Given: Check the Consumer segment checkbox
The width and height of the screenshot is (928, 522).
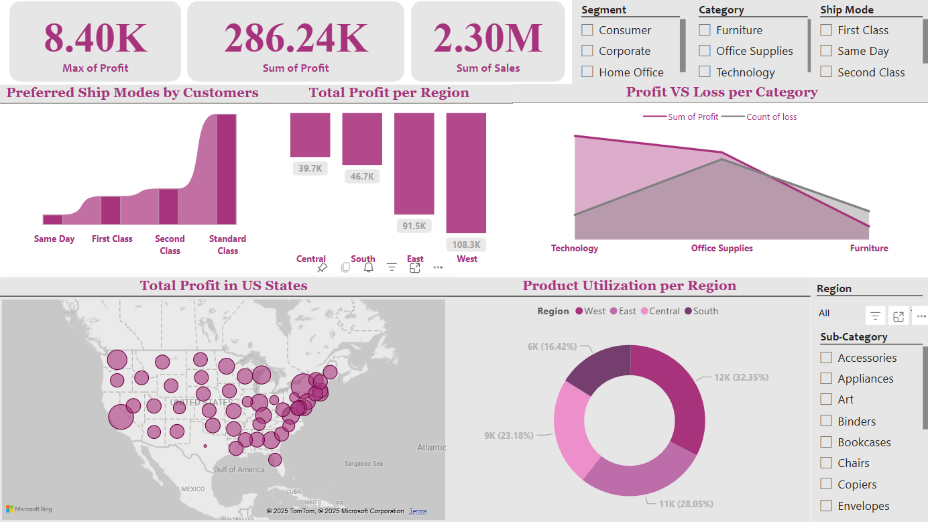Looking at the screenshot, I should [587, 30].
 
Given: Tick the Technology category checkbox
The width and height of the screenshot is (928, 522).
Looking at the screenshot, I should [705, 72].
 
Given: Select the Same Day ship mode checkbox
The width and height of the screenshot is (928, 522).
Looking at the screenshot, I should [826, 51].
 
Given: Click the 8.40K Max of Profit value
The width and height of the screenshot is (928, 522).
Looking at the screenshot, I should [95, 38].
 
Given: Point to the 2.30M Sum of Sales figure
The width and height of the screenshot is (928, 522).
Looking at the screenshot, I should [487, 38].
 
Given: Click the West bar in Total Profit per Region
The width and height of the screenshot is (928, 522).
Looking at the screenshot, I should [466, 172].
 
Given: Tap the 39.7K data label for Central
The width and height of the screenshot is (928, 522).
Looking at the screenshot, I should [310, 168].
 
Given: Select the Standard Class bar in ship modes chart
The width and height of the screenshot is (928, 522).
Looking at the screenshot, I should [227, 169].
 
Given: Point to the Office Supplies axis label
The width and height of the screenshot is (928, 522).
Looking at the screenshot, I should [721, 249].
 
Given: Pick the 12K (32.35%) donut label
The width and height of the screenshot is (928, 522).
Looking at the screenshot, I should [741, 377].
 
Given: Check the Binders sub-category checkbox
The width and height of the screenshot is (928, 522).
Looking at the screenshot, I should [826, 421].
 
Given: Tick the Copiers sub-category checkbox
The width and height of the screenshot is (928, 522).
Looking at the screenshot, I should [826, 484].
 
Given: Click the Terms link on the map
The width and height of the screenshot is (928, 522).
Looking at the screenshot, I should [418, 511].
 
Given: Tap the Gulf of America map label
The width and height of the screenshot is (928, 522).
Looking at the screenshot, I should [239, 470].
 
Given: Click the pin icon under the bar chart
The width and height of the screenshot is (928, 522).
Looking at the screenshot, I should [322, 267].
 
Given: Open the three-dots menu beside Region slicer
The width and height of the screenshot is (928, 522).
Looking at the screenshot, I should [921, 316].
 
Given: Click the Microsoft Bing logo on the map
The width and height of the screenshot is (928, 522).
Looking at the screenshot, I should [29, 509].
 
